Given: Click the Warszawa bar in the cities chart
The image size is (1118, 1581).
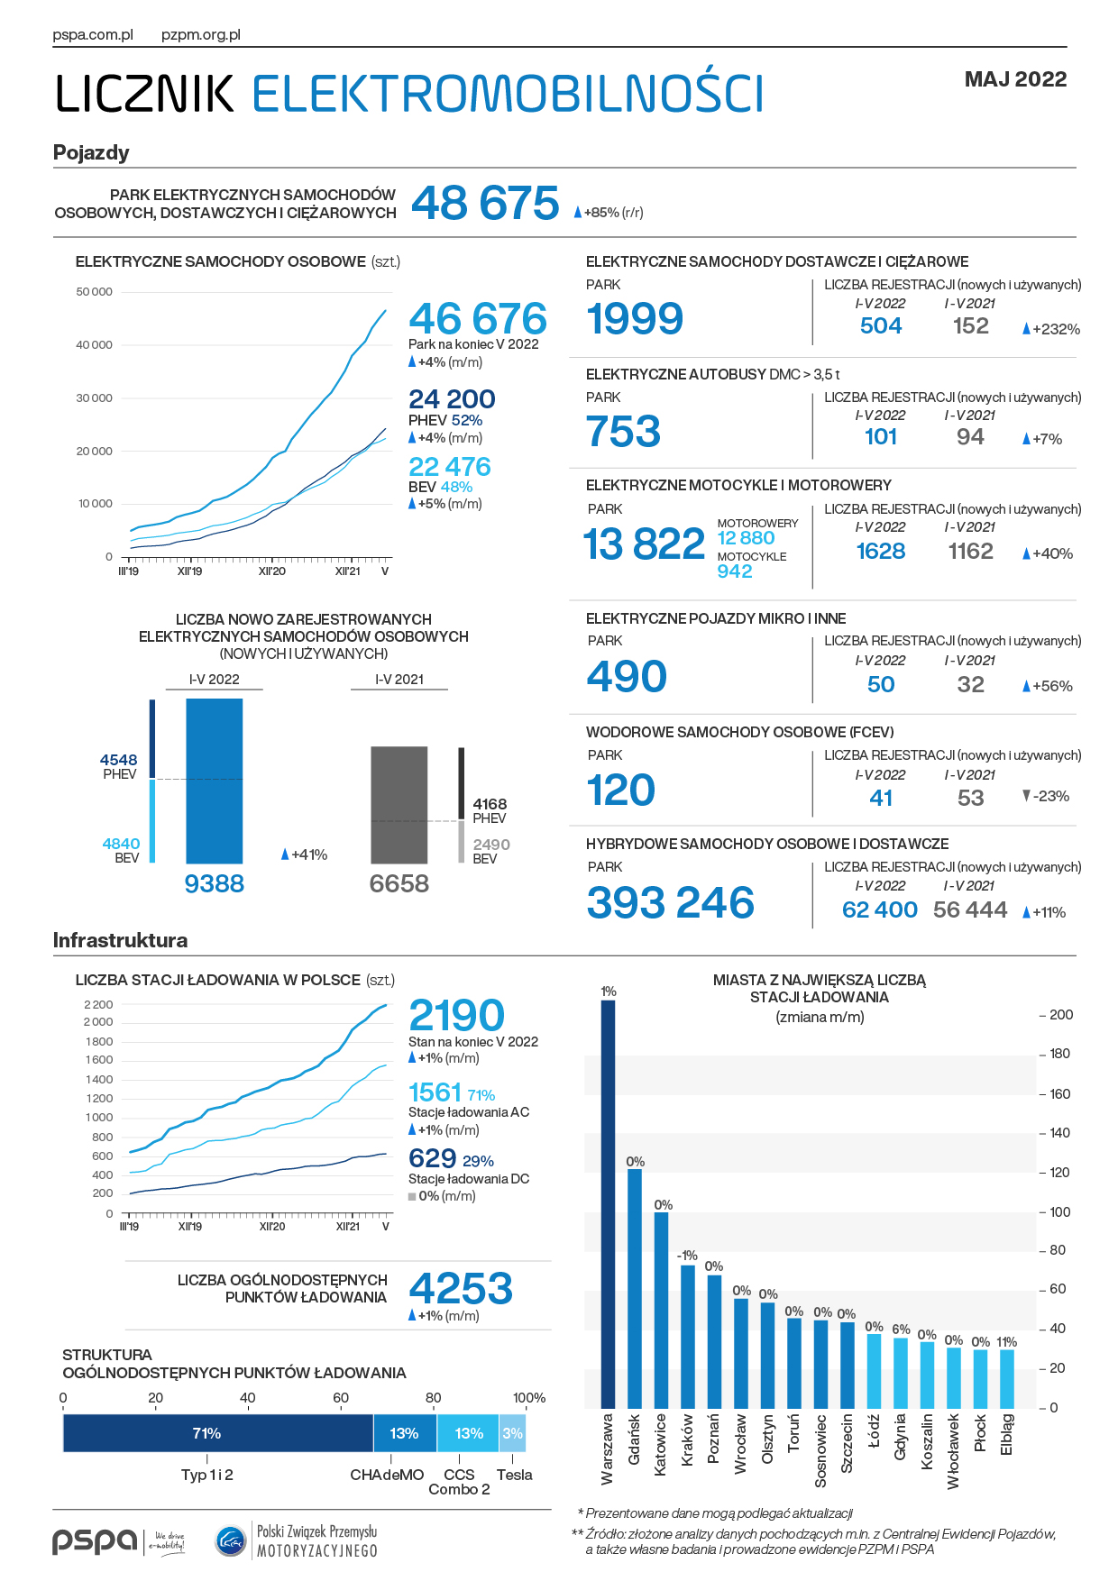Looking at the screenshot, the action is (x=608, y=1204).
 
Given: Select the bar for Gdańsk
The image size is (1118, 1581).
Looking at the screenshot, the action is (x=635, y=1289).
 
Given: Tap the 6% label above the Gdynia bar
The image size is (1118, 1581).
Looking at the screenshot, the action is (x=901, y=1329).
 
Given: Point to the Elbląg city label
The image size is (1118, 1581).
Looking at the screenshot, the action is (x=1007, y=1434).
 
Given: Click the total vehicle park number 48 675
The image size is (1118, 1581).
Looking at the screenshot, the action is (x=485, y=203).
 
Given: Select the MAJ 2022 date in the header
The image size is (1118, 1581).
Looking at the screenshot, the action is (x=1015, y=79).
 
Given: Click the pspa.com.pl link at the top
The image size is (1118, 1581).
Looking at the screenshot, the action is (x=93, y=35).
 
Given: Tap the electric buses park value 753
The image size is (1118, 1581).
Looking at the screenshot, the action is (x=623, y=431).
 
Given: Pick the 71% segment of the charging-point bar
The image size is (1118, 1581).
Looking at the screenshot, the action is (x=218, y=1433).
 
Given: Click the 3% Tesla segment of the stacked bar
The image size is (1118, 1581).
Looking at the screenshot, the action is (x=513, y=1433).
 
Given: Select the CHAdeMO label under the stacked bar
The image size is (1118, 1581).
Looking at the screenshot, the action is (x=387, y=1475).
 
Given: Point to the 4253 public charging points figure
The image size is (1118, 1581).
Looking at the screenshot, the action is (x=461, y=1288).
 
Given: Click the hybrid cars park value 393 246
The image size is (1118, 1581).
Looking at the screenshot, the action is (x=670, y=902).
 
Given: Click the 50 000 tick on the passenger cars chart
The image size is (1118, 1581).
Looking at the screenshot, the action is (x=94, y=292).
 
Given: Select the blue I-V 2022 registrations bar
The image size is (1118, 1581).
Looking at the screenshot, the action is (x=215, y=781).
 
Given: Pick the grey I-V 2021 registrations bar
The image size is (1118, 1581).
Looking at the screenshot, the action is (x=399, y=805).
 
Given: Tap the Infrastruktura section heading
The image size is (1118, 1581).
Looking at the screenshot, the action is (x=120, y=940).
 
